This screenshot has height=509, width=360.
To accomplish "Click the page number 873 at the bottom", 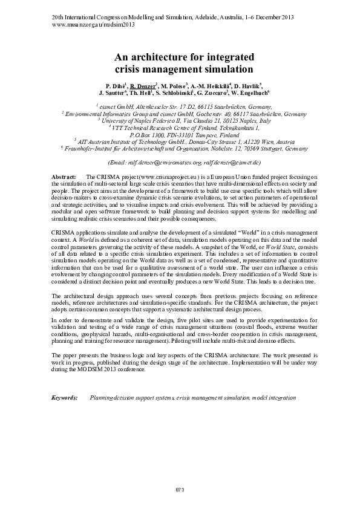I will (x=179, y=488).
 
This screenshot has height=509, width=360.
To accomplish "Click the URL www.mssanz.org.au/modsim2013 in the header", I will (x=92, y=25).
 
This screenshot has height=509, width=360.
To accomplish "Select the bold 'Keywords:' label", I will (x=65, y=398).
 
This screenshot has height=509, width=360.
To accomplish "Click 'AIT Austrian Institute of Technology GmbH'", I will (x=130, y=141).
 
